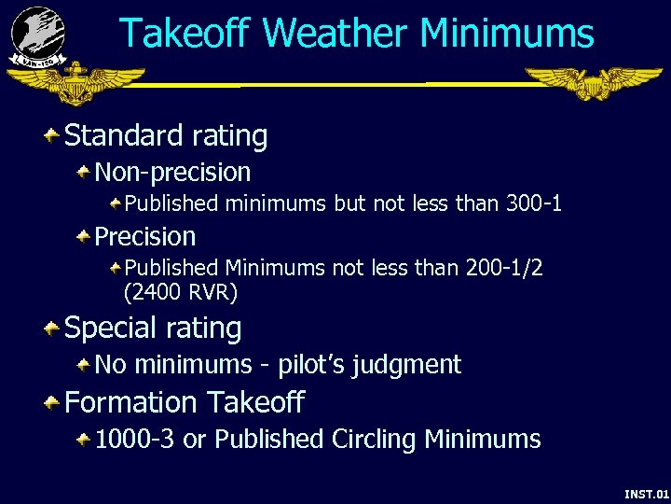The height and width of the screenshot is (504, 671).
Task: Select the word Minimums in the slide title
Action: (x=506, y=35)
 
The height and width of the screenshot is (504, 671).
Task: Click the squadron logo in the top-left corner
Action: (x=38, y=35)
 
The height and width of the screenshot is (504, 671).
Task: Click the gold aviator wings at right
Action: (x=593, y=83)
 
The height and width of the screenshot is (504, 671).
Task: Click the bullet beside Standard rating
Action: (x=52, y=137)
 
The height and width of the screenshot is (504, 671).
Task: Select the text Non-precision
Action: (x=172, y=173)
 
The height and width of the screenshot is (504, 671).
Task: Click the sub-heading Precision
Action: (x=145, y=237)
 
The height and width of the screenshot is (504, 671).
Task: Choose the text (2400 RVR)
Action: (x=181, y=293)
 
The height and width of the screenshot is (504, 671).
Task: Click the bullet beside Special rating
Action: (x=52, y=329)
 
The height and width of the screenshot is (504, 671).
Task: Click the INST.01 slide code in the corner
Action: (x=646, y=493)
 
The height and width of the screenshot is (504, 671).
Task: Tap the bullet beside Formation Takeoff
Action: (x=52, y=403)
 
